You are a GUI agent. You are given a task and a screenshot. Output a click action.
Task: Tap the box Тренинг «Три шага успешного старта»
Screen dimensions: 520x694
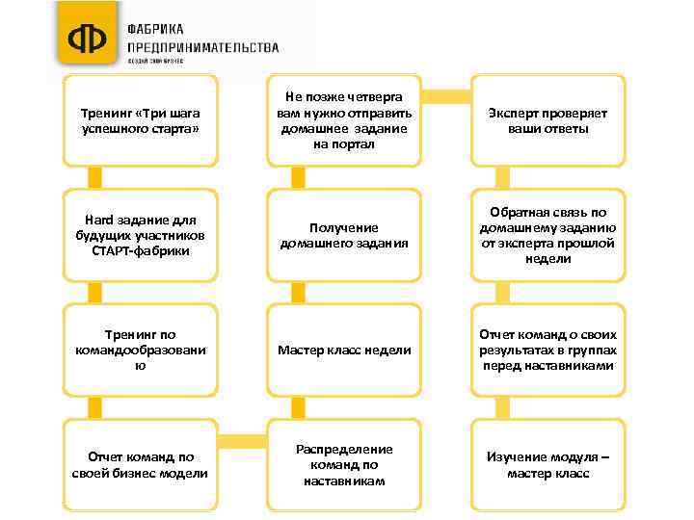coord(141,120)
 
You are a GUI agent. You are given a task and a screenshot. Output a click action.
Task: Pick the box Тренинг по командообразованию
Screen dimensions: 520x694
coord(141,350)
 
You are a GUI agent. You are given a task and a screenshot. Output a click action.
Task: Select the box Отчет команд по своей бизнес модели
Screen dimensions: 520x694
coord(141,465)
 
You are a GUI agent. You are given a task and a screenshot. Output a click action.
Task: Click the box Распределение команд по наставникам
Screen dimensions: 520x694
coord(344,465)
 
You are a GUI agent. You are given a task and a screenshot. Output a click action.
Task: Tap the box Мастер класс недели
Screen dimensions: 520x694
coord(344,350)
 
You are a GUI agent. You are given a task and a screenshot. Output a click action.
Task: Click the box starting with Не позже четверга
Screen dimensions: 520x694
coord(344,120)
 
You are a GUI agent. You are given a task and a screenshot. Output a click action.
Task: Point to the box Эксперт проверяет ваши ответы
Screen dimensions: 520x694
coord(547,120)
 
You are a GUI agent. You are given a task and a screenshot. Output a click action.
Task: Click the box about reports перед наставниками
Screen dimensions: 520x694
coord(547,350)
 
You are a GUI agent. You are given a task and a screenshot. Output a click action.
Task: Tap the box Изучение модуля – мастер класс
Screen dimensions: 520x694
coord(547,465)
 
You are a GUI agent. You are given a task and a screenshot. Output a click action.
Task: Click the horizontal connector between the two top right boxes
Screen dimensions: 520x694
coord(446,95)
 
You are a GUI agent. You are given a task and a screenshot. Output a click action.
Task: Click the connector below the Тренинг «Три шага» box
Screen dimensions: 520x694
coord(94,176)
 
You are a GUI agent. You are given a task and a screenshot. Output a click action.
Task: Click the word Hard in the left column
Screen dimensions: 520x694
coord(100,221)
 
